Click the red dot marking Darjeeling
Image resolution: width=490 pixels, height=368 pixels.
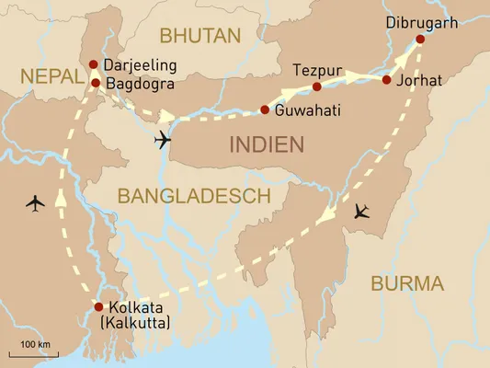click(94, 64)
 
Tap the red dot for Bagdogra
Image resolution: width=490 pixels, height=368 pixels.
click(95, 83)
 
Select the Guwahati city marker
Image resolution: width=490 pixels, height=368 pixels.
click(265, 110)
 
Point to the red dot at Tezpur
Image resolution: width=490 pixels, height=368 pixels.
click(316, 87)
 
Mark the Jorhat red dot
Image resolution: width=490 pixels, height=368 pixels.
click(386, 80)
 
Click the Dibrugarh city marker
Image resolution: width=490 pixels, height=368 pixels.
click(420, 39)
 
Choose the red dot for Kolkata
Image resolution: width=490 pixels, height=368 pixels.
click(99, 306)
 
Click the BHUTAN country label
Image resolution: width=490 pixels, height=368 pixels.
click(199, 36)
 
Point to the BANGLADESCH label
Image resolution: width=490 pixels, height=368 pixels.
click(192, 195)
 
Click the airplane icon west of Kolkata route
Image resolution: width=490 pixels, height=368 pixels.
click(36, 201)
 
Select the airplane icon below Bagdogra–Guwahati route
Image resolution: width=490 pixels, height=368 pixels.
click(164, 139)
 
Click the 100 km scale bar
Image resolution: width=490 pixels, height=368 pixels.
click(35, 351)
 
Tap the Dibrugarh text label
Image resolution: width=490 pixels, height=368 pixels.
click(420, 19)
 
